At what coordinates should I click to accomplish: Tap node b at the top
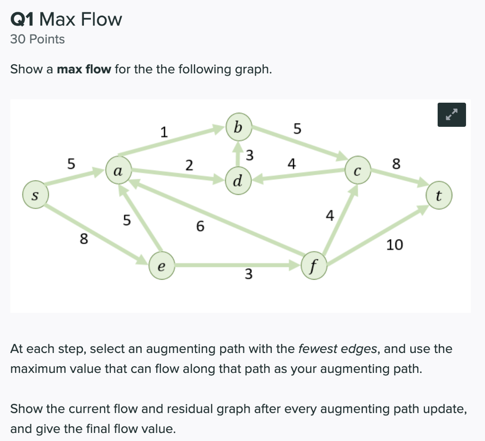[238, 127]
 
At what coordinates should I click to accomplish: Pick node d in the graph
[238, 180]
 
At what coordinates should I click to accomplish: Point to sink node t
[439, 196]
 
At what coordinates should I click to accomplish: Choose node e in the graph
[161, 266]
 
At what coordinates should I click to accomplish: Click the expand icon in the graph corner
[452, 115]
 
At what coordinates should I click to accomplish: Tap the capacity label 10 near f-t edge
[395, 245]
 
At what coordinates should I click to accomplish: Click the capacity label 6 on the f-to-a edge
[200, 227]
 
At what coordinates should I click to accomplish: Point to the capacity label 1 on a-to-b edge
[163, 132]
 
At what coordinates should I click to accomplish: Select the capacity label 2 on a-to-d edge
[189, 165]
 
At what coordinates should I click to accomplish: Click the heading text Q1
[22, 19]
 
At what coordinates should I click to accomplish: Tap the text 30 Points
[37, 39]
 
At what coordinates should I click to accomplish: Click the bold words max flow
[84, 70]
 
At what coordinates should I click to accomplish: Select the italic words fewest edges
[338, 349]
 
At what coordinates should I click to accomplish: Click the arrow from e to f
[237, 266]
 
